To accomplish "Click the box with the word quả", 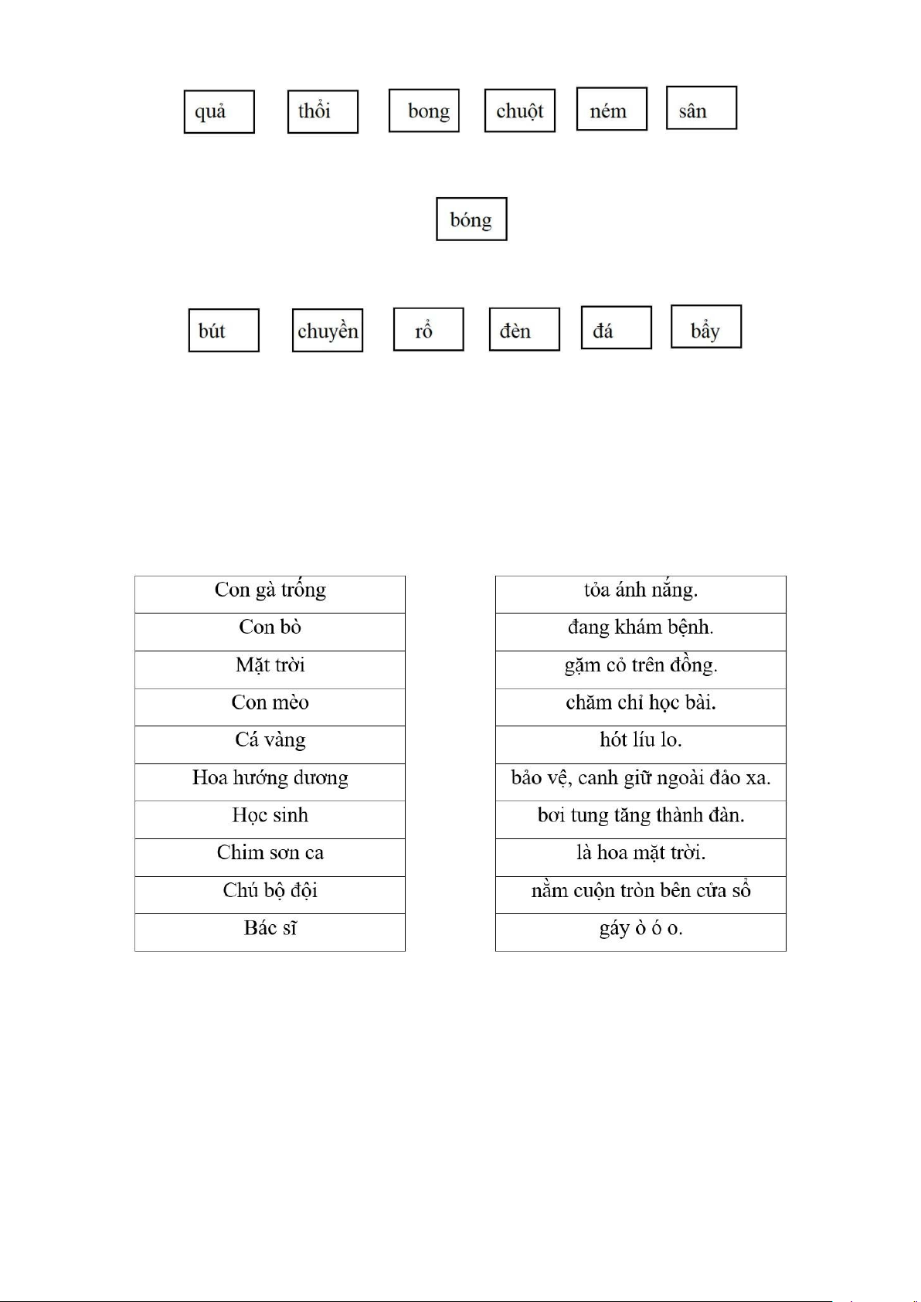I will pos(219,112).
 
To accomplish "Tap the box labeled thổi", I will pos(322,112).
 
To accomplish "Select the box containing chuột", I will pos(519,111).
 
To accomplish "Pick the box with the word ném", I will pos(611,109).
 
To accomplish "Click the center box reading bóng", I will pos(471,219).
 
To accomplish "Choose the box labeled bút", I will pos(223,331).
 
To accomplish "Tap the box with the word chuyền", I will pos(328,331).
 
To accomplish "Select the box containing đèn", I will pos(524,330).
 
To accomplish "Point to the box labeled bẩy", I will pos(705,327).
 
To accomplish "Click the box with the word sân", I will pos(701,108).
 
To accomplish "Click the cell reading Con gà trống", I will pos(270,594).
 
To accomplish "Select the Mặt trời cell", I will pos(270,669).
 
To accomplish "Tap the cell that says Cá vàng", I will pos(270,744).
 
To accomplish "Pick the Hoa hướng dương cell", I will pos(270,782).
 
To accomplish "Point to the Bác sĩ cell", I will pos(270,932).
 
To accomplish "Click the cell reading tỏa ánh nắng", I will pos(641,594).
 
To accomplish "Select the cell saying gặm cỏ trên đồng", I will pos(641,669).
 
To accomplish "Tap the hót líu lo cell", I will pos(641,744).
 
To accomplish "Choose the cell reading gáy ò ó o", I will pos(641,932).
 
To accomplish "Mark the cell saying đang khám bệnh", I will pos(641,631).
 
